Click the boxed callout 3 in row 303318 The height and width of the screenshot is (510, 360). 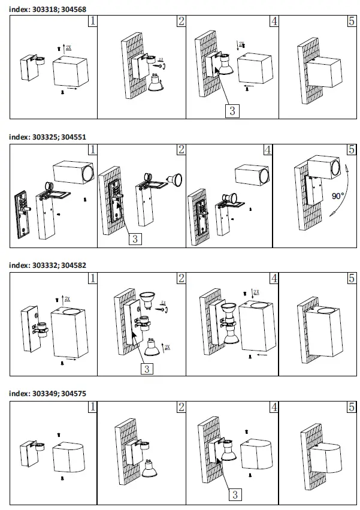coord(233,110)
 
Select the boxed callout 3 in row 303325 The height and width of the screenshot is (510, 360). coord(135,239)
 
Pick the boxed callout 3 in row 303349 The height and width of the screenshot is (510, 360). coord(235,494)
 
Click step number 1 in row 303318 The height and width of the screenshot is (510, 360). coord(92,22)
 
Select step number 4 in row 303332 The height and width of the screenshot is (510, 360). coord(274,279)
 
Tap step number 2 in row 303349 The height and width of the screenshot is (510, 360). coord(181,407)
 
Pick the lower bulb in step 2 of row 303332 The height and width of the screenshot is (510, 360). coord(150,346)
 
